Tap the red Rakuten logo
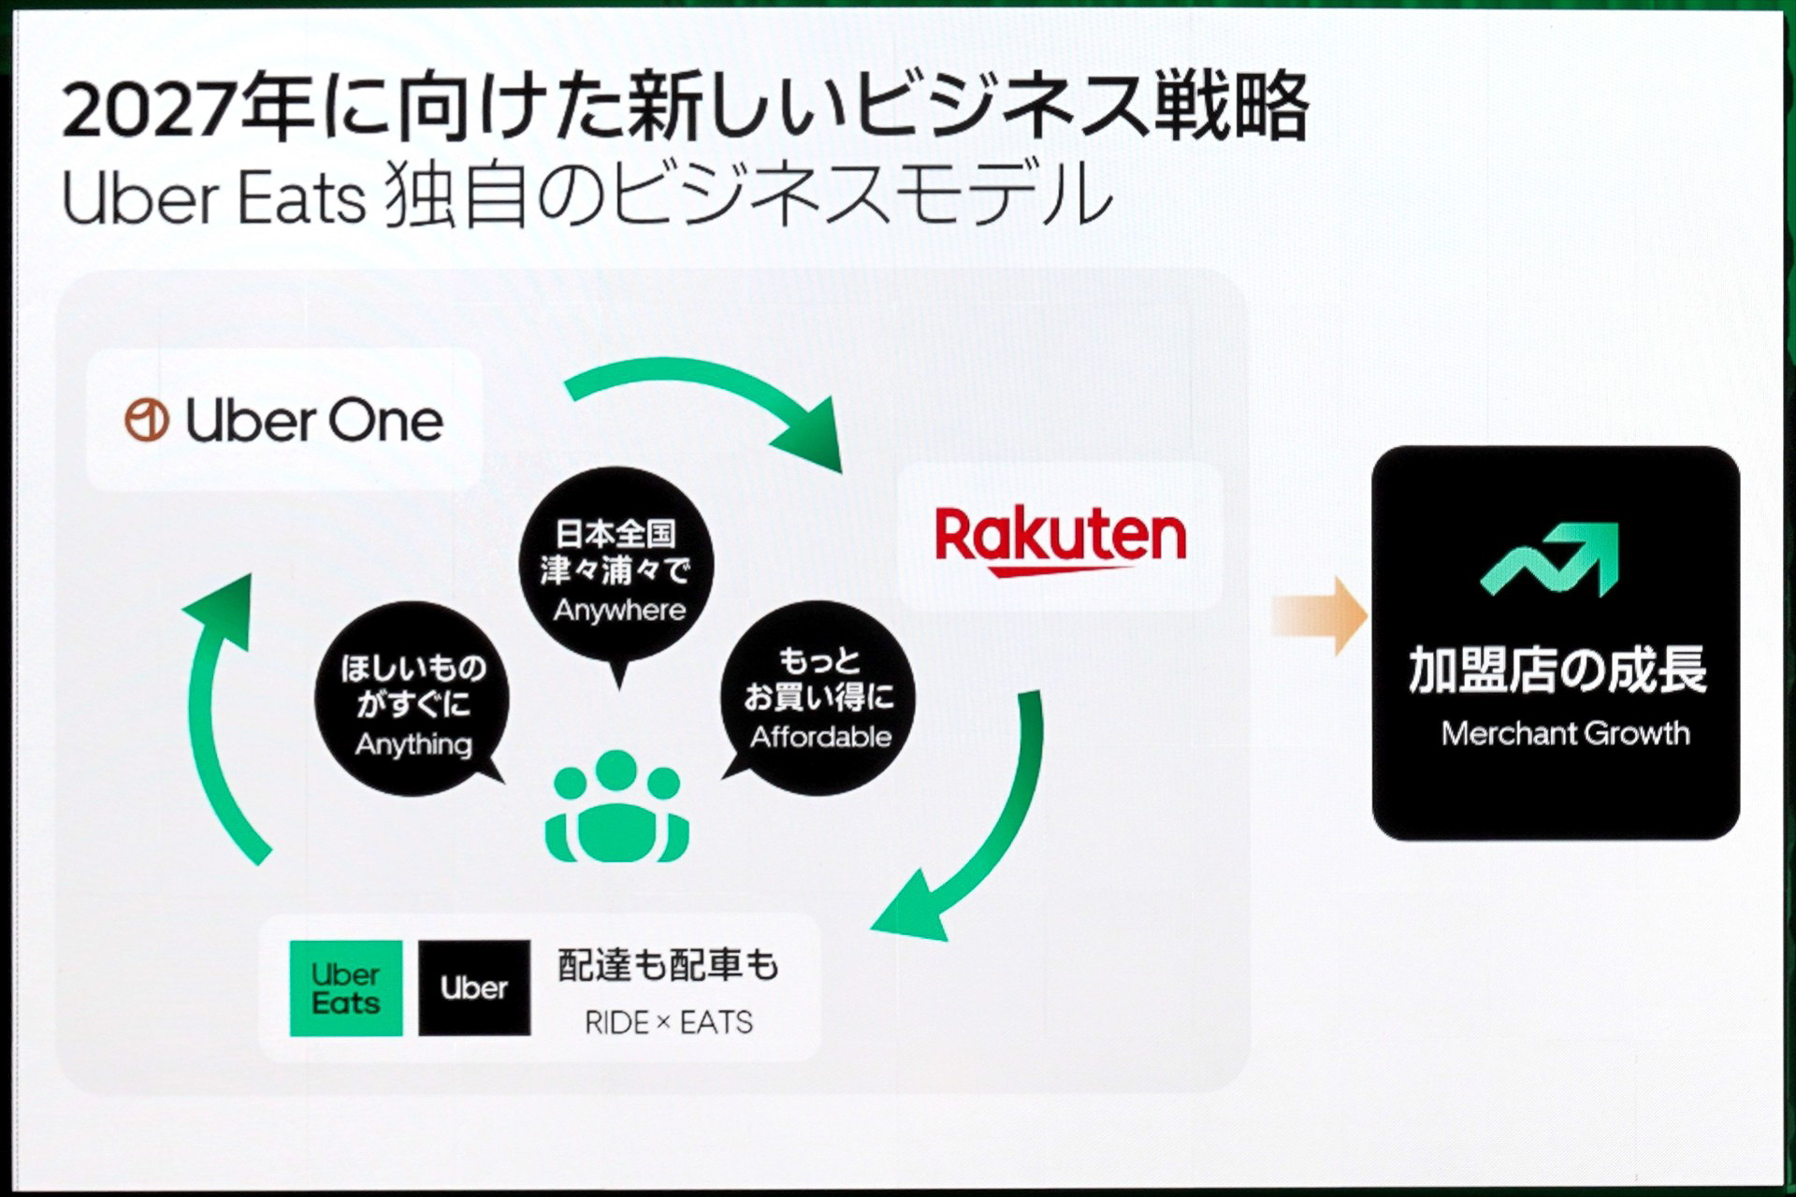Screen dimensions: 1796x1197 click(x=1061, y=540)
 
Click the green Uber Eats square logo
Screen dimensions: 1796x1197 click(x=346, y=988)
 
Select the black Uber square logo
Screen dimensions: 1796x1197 click(x=474, y=988)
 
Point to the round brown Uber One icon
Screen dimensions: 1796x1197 click(x=147, y=421)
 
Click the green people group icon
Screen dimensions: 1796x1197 click(x=617, y=806)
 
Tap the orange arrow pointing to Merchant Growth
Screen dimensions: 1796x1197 click(x=1320, y=615)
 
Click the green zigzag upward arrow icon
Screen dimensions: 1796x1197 click(x=1550, y=559)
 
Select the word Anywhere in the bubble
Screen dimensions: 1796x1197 click(x=619, y=611)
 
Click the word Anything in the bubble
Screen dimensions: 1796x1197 click(x=413, y=744)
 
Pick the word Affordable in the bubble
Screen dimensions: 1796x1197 click(x=820, y=737)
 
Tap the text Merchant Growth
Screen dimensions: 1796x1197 click(x=1565, y=733)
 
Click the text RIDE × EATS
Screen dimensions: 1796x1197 click(x=668, y=1022)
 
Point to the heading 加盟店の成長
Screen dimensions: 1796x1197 click(x=1557, y=670)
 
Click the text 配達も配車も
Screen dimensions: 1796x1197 click(x=668, y=965)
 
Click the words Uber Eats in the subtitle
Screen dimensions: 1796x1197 click(x=213, y=198)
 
